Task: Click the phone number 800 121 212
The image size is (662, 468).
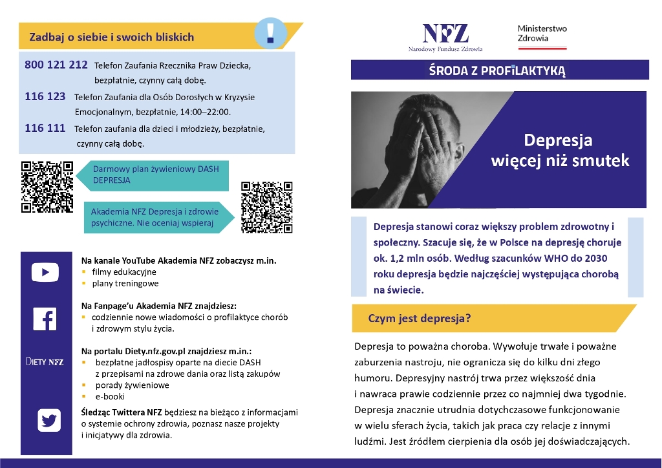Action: coord(56,65)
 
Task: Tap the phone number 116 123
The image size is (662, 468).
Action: coord(45,96)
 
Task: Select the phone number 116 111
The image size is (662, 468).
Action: coord(45,128)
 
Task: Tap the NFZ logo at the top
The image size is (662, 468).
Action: coord(445,35)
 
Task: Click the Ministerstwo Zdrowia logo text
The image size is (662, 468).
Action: coord(542,34)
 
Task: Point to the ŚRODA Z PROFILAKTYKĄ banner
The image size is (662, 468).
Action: coord(497,70)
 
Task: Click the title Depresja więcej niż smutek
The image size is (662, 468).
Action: coord(560,150)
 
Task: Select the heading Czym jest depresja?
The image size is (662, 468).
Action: coord(419,319)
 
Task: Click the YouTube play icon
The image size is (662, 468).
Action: coord(45,272)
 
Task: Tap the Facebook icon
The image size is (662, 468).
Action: coord(45,319)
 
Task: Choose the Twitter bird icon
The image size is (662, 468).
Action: coord(48,420)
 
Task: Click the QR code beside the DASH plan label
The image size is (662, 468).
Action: coord(47,186)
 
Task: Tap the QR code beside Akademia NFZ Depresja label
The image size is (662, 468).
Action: coord(267,207)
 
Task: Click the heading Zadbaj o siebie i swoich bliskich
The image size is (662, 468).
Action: coord(112,37)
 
